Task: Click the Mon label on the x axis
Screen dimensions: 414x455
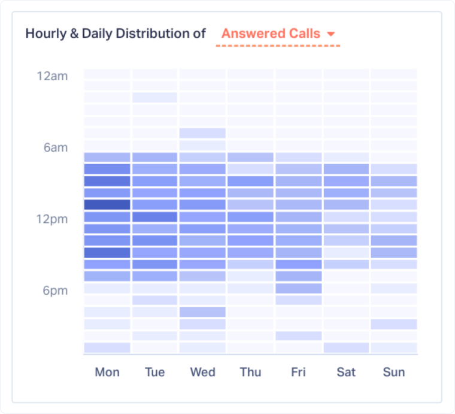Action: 107,372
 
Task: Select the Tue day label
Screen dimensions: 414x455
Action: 154,372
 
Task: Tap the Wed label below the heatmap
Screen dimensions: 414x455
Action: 202,372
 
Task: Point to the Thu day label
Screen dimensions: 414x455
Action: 250,372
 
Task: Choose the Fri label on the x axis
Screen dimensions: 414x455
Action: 298,372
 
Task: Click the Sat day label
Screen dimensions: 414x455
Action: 346,372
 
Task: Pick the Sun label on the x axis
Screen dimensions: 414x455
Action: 394,372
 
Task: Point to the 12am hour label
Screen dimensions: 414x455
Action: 52,76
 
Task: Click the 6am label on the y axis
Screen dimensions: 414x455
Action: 56,147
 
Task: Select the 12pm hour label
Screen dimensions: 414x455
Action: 52,219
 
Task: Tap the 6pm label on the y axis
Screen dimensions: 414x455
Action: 56,291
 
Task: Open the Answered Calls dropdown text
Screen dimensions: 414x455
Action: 271,34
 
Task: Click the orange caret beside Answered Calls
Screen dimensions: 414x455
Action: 330,34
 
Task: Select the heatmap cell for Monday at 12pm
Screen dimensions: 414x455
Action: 107,217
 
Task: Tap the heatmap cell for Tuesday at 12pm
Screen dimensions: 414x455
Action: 154,217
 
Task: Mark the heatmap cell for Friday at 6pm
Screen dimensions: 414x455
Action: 298,288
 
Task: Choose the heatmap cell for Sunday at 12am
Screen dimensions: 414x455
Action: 394,74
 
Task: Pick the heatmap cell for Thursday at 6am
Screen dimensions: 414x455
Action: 250,145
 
